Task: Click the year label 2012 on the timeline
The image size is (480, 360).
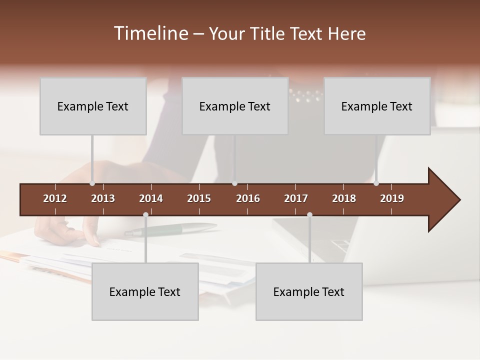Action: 55,198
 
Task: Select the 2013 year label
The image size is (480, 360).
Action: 103,198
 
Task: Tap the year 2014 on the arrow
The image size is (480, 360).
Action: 151,198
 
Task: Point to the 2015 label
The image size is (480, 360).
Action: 199,198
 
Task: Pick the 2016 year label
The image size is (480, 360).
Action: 248,198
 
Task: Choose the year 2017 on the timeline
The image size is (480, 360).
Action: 296,198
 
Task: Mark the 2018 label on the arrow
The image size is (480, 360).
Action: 344,198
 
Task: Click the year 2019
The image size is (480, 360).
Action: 392,198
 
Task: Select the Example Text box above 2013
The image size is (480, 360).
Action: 93,106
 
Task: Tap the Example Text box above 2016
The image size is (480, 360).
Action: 235,106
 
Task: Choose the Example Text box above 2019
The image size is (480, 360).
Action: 377,106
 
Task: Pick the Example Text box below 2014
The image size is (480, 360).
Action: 145,291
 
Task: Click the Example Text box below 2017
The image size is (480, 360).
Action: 309,291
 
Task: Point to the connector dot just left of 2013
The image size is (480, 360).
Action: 92,183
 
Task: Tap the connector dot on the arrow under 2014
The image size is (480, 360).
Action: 145,215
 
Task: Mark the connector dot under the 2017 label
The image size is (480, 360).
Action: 309,215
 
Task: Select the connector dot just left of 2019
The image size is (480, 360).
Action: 376,183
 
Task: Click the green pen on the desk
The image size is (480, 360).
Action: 170,229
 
